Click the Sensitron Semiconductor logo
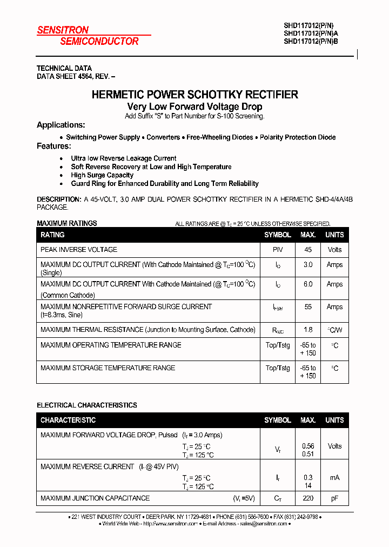pos(88,36)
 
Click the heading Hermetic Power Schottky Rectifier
pos(194,95)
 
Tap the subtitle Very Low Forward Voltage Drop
pos(194,107)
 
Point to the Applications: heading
pos(61,125)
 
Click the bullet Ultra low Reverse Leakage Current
pos(124,158)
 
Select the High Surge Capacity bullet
pos(102,175)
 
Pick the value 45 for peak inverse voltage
pos(308,250)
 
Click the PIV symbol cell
pos(278,250)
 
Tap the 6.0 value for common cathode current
pos(308,284)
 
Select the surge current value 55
pos(308,307)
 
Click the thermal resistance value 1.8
pos(308,330)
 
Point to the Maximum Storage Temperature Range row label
pos(108,368)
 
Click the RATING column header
pos(52,235)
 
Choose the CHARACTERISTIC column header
pos(68,420)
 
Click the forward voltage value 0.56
pos(308,446)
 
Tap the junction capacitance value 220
pos(308,498)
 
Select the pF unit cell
pos(334,498)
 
